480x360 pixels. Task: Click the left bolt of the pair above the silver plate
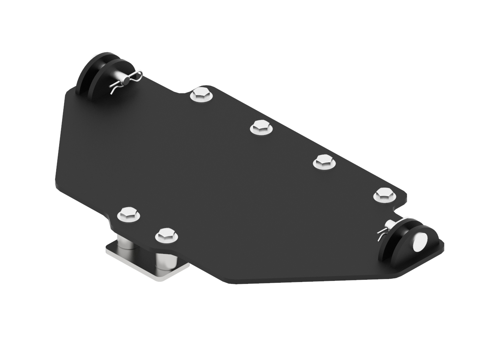129,214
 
